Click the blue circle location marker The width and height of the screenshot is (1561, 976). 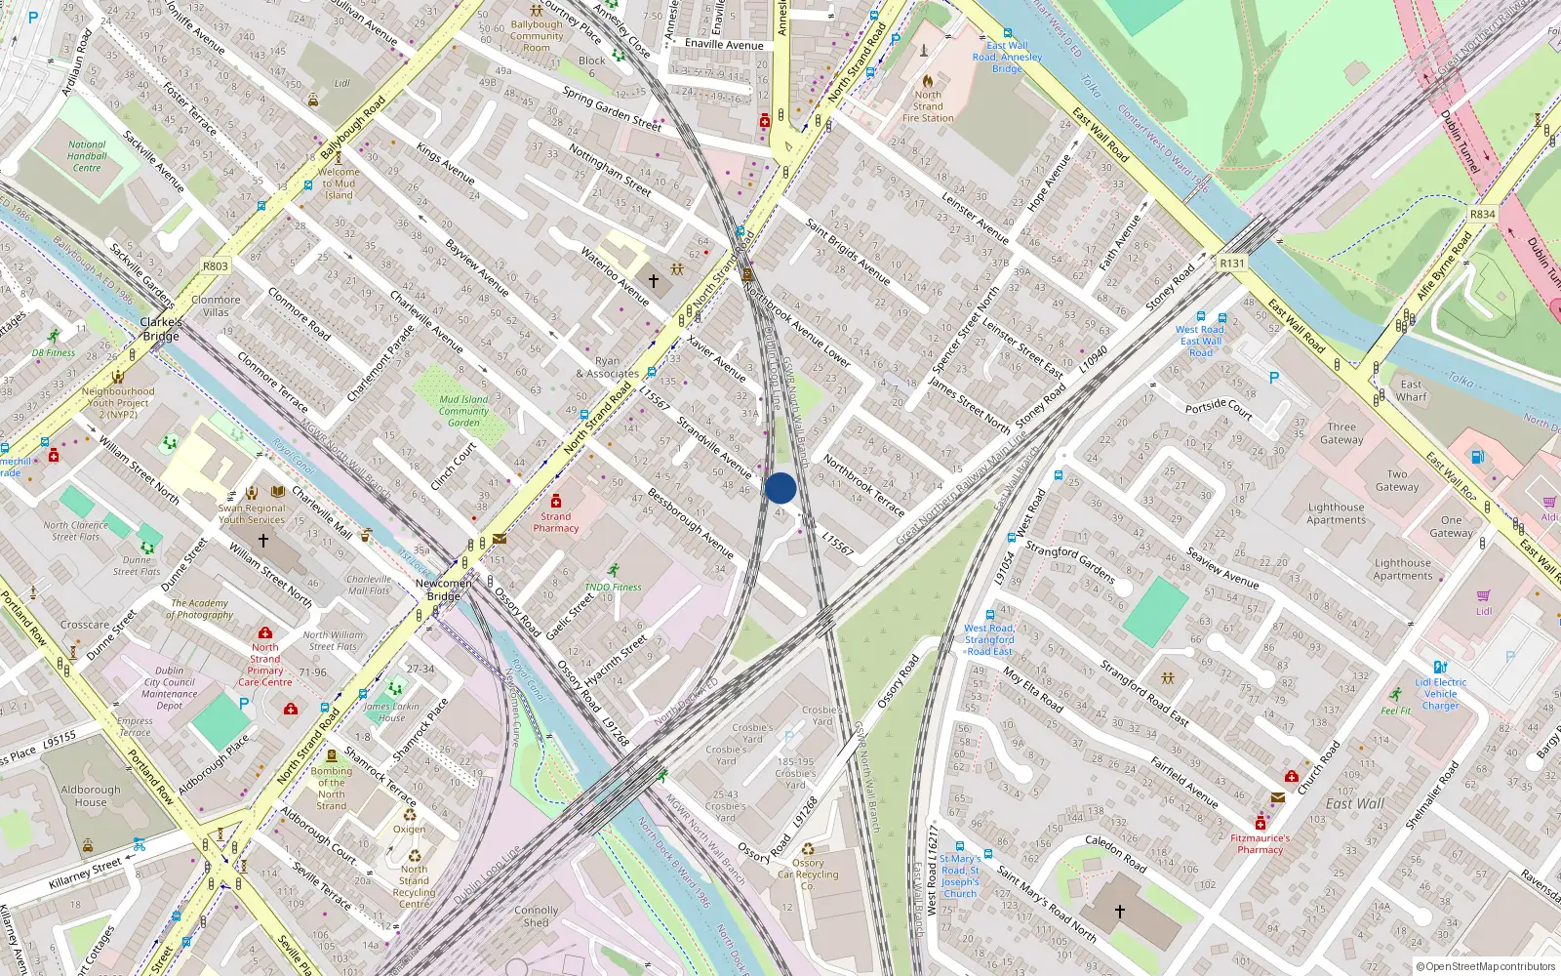click(780, 488)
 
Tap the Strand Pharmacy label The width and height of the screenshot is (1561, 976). click(556, 522)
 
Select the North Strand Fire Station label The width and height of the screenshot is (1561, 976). click(928, 106)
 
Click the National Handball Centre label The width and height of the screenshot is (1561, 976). click(87, 156)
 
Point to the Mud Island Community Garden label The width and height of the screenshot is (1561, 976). click(463, 411)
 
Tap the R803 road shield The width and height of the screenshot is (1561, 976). click(216, 265)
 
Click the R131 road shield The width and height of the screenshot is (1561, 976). click(1232, 264)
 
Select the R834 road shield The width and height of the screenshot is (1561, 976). click(1482, 214)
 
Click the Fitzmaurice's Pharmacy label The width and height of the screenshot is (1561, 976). click(1260, 843)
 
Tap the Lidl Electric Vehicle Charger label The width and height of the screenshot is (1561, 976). click(1440, 694)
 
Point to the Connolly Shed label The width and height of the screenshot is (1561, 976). click(537, 915)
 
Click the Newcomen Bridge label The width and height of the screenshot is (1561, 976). click(444, 590)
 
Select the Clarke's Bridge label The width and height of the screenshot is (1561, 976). click(161, 329)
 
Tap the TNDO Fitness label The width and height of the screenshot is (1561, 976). click(613, 587)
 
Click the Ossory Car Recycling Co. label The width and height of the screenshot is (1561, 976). click(808, 874)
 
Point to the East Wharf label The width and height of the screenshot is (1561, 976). click(1411, 390)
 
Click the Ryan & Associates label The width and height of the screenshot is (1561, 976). click(607, 367)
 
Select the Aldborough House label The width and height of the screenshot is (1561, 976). click(91, 795)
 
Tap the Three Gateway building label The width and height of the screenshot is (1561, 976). click(1341, 433)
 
